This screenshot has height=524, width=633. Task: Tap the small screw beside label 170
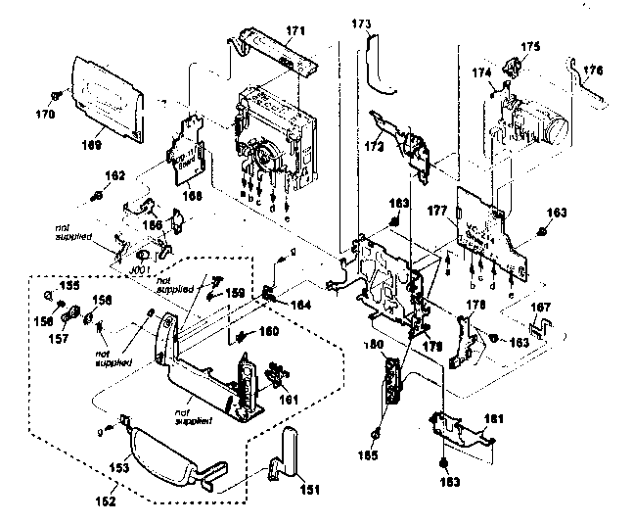58,96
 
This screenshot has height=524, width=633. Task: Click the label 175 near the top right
529,45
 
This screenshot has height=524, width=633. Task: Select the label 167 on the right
539,308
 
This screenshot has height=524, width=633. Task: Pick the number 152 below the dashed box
105,501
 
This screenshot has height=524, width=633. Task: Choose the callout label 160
268,331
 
